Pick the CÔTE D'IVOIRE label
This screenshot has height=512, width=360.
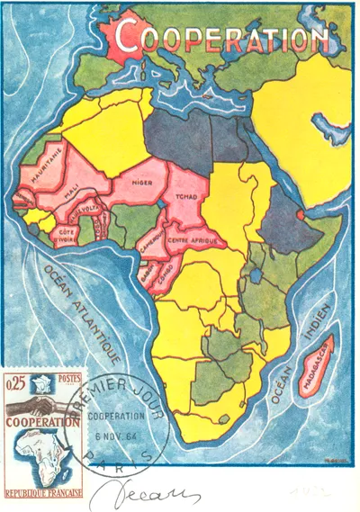point(68,235)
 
